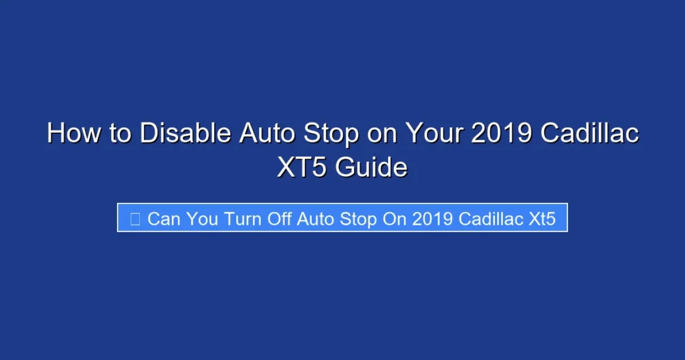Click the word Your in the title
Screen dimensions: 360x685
[x=432, y=134]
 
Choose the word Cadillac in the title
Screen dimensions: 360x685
[x=589, y=134]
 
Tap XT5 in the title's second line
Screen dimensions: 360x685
[x=302, y=167]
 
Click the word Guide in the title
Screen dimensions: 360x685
[x=371, y=167]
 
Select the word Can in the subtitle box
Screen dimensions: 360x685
[x=164, y=219]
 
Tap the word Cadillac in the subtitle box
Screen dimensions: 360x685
[x=490, y=219]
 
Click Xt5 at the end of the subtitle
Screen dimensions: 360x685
[x=542, y=219]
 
